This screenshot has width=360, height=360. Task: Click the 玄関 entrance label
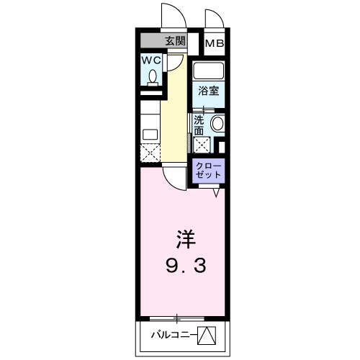pyautogui.click(x=175, y=41)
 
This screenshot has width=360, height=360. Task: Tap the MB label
pyautogui.click(x=215, y=44)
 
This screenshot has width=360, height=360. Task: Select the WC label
pyautogui.click(x=150, y=60)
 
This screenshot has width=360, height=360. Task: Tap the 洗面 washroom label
pyautogui.click(x=199, y=125)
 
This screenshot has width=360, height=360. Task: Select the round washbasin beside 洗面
pyautogui.click(x=217, y=124)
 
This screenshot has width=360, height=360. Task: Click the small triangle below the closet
pyautogui.click(x=216, y=192)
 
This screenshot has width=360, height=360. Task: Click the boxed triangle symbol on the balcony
pyautogui.click(x=206, y=335)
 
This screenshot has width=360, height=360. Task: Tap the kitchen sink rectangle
pyautogui.click(x=150, y=133)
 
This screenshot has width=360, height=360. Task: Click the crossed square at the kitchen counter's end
pyautogui.click(x=150, y=152)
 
